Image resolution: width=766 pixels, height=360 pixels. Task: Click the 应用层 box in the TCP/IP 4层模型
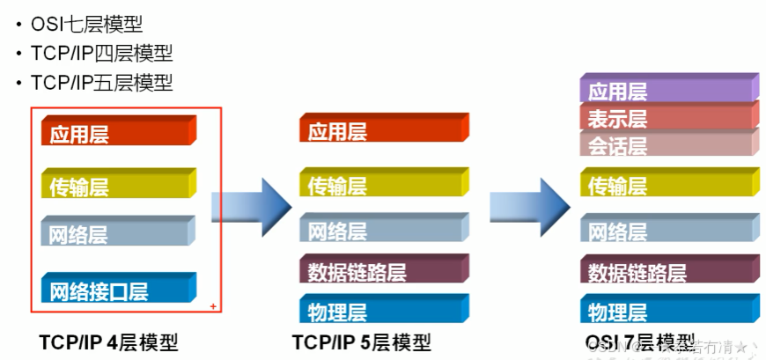click(117, 133)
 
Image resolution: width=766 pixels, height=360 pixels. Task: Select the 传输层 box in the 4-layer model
click(117, 185)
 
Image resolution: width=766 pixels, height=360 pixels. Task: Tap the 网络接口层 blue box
click(117, 290)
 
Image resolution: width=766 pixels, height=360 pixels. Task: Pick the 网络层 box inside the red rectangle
click(117, 234)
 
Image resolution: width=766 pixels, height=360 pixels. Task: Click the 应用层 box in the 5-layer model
click(383, 130)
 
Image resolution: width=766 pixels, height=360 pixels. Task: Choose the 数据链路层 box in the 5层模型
click(383, 271)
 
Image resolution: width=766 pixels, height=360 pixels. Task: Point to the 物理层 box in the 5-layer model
click(383, 311)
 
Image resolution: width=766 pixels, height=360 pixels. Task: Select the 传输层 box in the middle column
click(383, 185)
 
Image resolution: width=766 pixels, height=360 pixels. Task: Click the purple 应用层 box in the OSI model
click(668, 90)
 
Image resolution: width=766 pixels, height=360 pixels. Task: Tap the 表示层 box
click(668, 117)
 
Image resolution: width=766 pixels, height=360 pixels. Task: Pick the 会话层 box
click(668, 143)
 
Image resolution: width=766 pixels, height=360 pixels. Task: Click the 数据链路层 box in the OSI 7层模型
click(668, 271)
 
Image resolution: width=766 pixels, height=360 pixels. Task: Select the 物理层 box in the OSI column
click(668, 311)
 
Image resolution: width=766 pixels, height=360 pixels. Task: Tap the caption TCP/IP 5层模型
click(362, 342)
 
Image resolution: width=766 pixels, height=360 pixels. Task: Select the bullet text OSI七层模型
click(86, 25)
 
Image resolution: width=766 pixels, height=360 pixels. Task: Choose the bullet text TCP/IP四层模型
click(101, 54)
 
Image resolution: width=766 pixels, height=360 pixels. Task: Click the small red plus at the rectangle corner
click(213, 305)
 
